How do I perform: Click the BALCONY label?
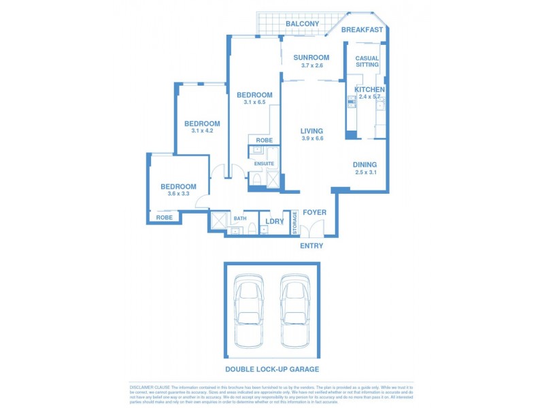(x=302, y=24)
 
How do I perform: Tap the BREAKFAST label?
(x=362, y=30)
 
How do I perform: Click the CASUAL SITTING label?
(x=367, y=62)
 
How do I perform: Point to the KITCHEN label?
(x=369, y=90)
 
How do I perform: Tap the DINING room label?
(x=364, y=165)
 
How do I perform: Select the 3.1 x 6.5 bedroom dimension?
(x=254, y=103)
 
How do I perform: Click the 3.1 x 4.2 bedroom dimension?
(x=202, y=131)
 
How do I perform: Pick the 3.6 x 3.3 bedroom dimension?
(x=178, y=194)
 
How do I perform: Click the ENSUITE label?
(x=264, y=164)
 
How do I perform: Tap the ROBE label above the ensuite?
(x=264, y=140)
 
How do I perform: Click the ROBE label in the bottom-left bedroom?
(x=165, y=218)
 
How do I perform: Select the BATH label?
(x=240, y=219)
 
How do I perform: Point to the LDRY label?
(x=275, y=220)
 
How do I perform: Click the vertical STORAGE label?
(x=295, y=222)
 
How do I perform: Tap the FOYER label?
(x=314, y=212)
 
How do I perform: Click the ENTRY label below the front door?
(x=311, y=245)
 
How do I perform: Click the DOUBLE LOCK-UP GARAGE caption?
(x=272, y=369)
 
